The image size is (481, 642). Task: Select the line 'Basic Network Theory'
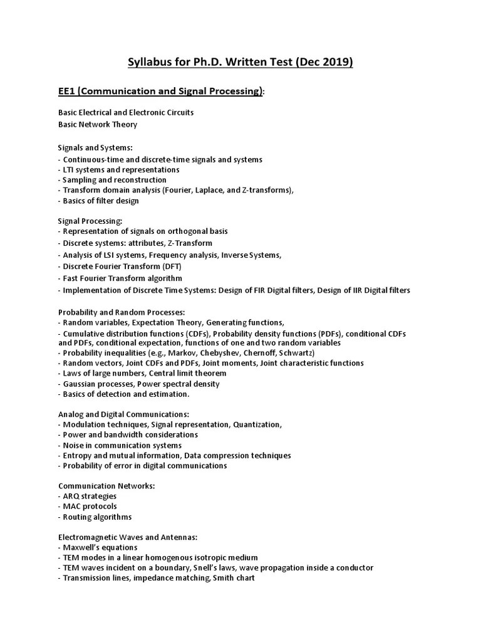(x=98, y=124)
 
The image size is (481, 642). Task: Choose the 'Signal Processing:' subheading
(x=90, y=221)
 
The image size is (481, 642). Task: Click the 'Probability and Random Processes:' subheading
(x=122, y=312)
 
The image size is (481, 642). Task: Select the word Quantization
(x=257, y=424)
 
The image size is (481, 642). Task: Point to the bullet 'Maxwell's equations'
(x=96, y=547)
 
